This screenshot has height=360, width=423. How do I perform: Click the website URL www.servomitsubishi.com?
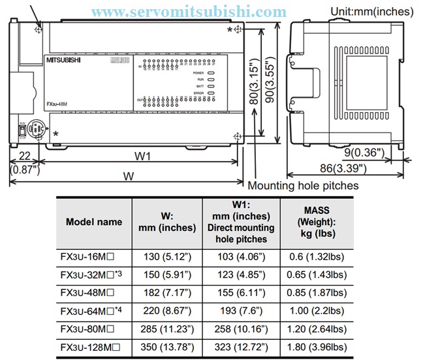click(189, 11)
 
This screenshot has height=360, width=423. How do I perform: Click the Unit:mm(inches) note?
click(372, 10)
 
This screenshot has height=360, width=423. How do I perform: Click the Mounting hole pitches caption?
click(312, 185)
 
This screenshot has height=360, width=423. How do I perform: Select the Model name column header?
click(94, 221)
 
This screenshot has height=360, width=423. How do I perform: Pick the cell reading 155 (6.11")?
click(241, 293)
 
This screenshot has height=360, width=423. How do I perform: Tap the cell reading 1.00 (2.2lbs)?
click(317, 310)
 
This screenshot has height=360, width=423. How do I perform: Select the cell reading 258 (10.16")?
click(241, 328)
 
